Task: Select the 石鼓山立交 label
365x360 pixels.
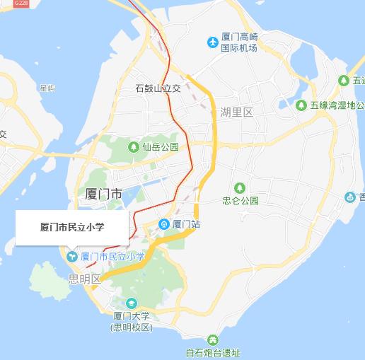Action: tap(158, 89)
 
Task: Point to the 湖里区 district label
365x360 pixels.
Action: tap(236, 112)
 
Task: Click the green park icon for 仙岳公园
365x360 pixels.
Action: tap(133, 147)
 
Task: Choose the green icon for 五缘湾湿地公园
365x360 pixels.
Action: tap(301, 105)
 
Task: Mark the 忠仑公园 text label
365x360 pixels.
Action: tap(241, 200)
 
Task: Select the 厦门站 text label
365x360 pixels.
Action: tap(187, 225)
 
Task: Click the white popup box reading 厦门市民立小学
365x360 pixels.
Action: tap(72, 228)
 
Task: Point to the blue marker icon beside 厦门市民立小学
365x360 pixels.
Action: tap(71, 256)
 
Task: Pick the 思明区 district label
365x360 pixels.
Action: tap(85, 279)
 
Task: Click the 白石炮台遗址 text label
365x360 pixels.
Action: tap(212, 353)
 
